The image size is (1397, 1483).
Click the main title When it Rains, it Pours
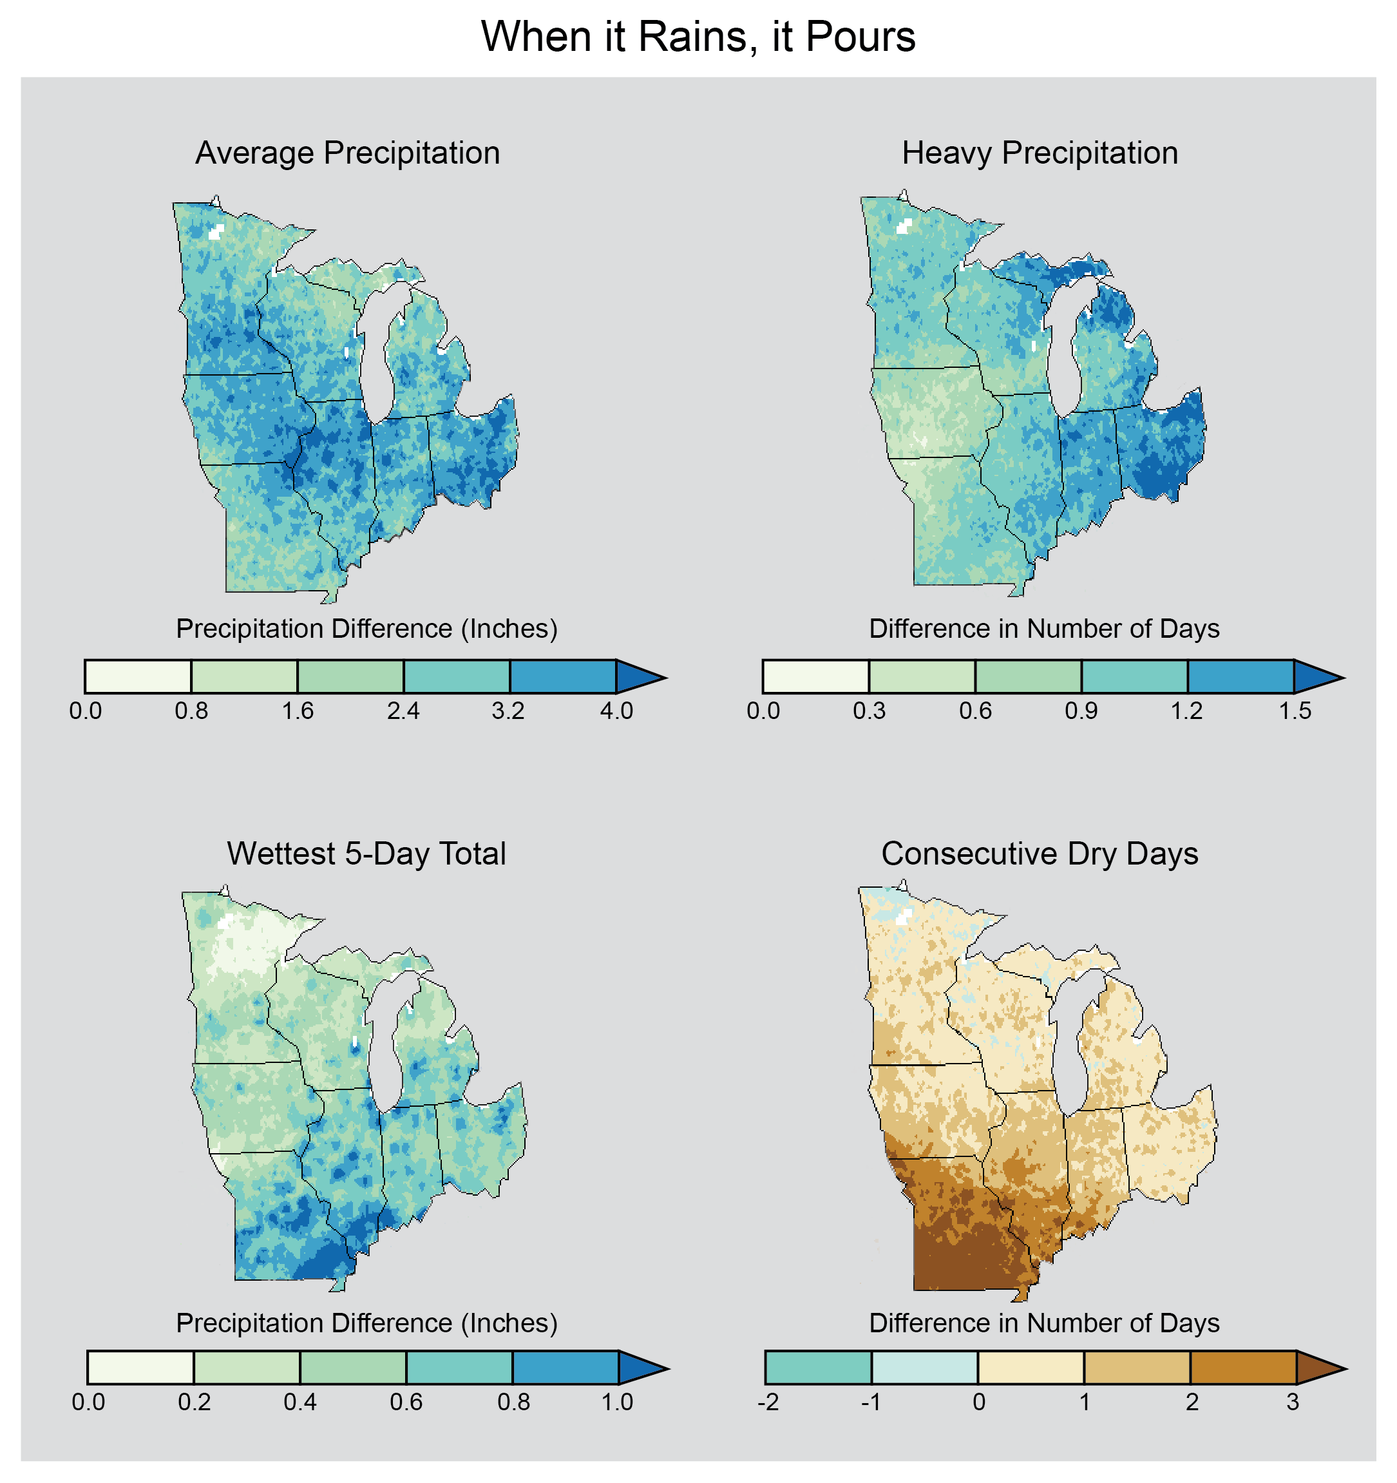(698, 37)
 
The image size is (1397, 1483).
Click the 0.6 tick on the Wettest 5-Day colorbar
(406, 1402)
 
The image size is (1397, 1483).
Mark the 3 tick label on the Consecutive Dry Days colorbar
(1293, 1402)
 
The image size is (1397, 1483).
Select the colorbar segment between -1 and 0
(924, 1368)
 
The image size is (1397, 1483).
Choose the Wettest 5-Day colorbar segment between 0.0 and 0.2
(140, 1368)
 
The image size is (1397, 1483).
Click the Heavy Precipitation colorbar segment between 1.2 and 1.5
(1240, 676)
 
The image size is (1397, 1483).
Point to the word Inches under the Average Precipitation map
(507, 629)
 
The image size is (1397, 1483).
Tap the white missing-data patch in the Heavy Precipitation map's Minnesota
(903, 227)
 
